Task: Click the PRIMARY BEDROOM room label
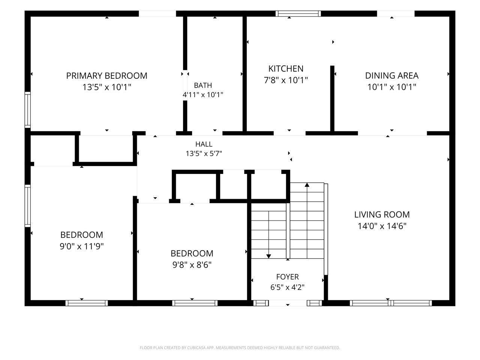(107, 76)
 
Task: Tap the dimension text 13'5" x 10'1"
(107, 87)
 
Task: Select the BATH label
(203, 85)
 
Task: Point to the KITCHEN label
(286, 69)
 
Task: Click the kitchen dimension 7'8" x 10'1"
(286, 80)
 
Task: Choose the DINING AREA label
(391, 76)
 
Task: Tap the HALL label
(204, 144)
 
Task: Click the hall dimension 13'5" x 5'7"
(204, 153)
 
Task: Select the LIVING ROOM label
(382, 214)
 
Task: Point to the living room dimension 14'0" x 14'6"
(382, 226)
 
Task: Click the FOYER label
(287, 277)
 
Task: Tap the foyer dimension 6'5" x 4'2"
(287, 287)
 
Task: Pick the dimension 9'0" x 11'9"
(82, 246)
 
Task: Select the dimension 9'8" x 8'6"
(192, 265)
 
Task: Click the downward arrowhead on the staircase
(269, 256)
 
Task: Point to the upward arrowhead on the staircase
(307, 185)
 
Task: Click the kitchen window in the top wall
(298, 13)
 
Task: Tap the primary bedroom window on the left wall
(27, 110)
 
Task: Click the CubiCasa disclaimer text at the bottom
(240, 348)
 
